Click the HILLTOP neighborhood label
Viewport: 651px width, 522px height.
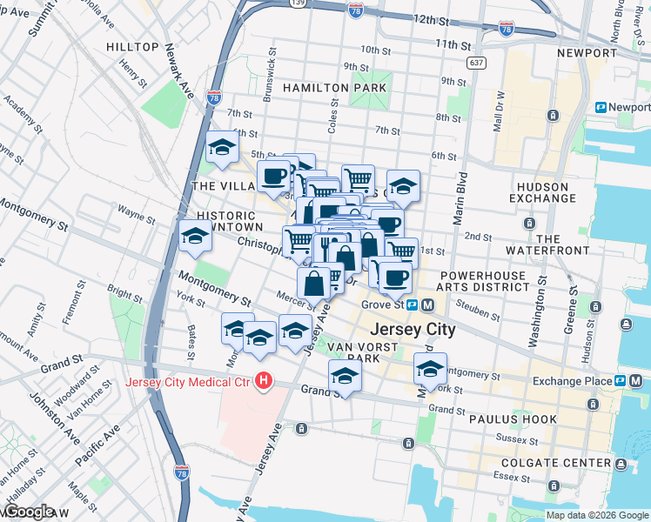click(132, 45)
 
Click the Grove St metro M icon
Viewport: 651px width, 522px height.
click(427, 305)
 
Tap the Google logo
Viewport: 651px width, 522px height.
click(28, 512)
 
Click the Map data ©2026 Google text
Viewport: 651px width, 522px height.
click(597, 515)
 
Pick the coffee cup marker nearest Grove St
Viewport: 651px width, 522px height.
click(394, 277)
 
